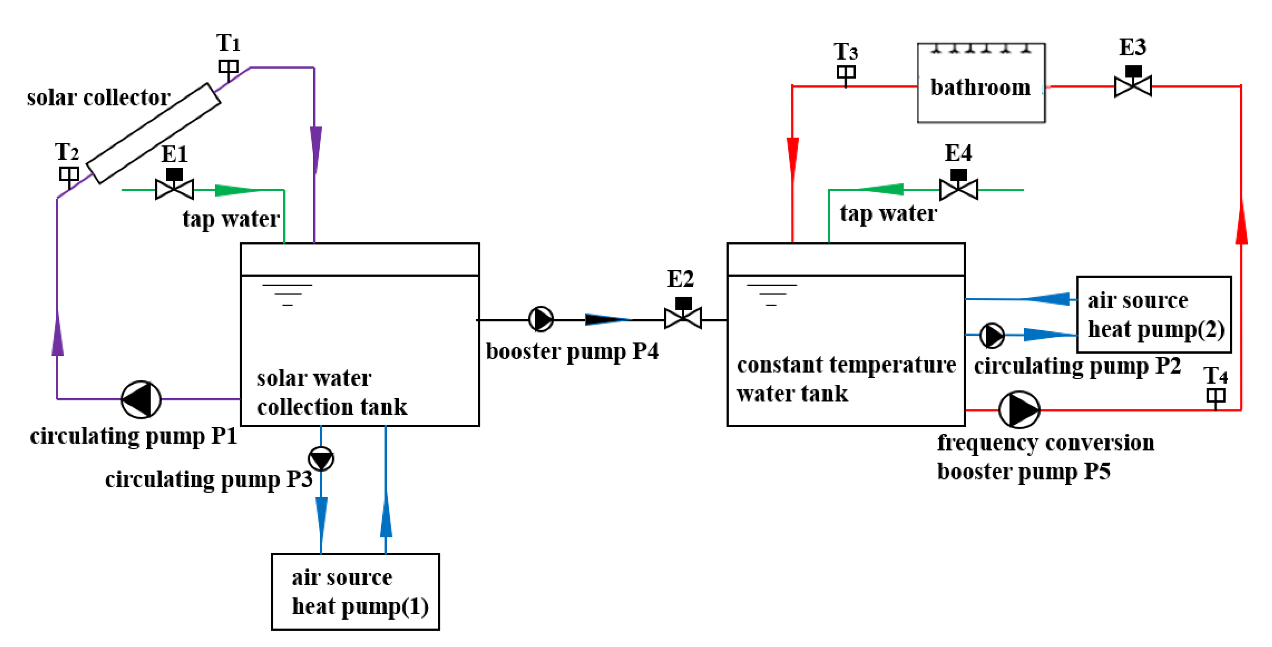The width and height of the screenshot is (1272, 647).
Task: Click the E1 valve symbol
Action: click(x=174, y=184)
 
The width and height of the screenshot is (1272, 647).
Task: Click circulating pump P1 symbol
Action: click(x=141, y=399)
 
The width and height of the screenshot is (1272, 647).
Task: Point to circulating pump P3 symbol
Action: click(x=321, y=459)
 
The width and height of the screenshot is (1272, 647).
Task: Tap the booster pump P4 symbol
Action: click(x=541, y=319)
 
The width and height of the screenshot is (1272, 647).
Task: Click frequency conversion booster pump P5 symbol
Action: click(x=1019, y=410)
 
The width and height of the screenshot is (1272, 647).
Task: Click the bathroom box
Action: click(x=981, y=83)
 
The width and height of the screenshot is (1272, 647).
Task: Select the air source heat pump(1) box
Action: click(x=356, y=592)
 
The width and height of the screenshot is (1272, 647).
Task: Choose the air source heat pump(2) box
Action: click(x=1154, y=315)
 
